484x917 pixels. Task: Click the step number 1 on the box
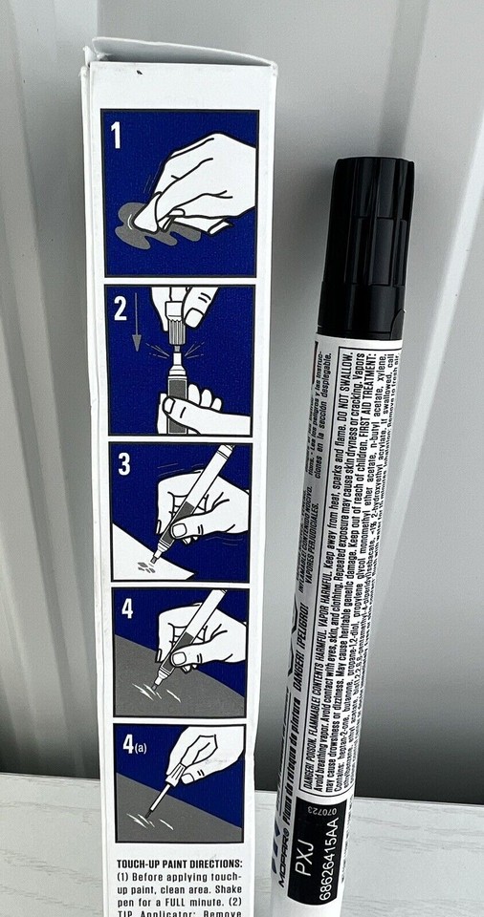[117, 134]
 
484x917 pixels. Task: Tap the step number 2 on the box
[121, 310]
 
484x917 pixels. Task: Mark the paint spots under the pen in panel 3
[145, 565]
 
